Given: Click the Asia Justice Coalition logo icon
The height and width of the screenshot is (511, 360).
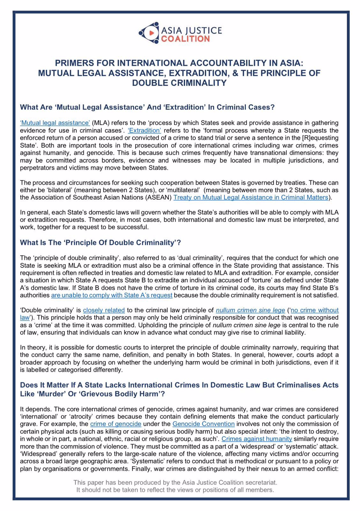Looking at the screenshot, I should coord(149,33).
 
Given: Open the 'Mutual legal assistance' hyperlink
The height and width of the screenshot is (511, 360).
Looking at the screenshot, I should coord(55,123).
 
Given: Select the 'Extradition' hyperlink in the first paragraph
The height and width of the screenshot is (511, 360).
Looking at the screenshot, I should coord(144,130).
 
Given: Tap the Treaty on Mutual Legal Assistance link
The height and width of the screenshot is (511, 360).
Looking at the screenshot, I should coord(251,197).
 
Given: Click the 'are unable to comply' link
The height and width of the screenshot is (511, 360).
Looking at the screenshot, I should coord(112,295).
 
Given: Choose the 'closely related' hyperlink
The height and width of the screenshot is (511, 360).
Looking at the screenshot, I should coord(104,310).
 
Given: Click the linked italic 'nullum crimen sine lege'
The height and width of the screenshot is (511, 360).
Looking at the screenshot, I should coord(250,310).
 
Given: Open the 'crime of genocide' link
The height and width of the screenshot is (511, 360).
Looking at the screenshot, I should coord(116,424).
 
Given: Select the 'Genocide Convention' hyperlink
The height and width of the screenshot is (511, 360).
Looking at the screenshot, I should coord(203,424).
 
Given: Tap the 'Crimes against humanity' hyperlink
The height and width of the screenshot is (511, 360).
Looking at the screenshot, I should coord(257,439).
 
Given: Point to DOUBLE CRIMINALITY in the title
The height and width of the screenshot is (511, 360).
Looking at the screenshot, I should coord(179,83).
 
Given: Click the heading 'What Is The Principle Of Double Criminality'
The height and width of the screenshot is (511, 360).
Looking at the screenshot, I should coord(100,243).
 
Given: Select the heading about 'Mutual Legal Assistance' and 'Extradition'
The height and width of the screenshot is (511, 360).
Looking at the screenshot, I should coord(147,107).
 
